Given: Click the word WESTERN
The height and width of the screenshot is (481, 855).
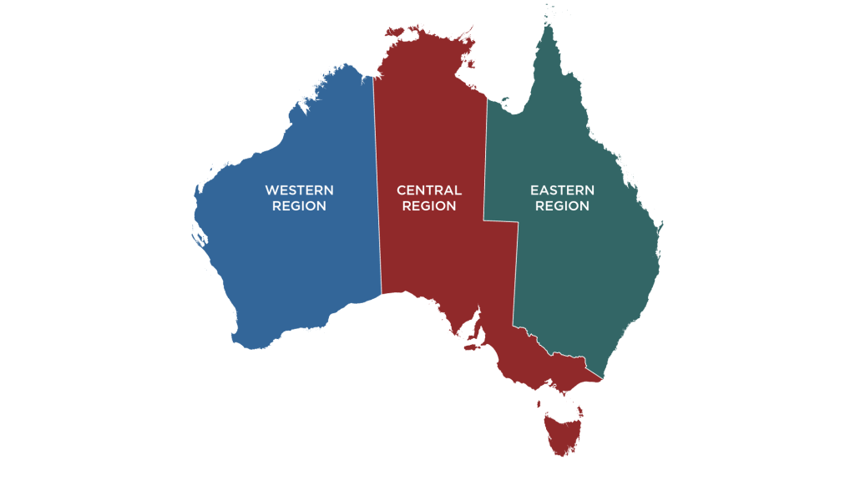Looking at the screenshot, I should pos(299,190).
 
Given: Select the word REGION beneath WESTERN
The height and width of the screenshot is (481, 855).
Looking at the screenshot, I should pos(299,206).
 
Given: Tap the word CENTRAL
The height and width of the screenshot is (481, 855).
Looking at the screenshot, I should pos(429,190).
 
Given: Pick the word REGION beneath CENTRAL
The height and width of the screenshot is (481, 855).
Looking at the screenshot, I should pos(429,206).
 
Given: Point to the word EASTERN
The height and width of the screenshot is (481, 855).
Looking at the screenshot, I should pos(562,190).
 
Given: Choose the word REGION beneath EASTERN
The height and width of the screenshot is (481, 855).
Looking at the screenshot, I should pos(562,206).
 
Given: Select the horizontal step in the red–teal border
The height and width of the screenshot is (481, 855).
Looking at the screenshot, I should pos(500,221).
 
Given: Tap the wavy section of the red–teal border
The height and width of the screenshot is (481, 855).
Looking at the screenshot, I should pos(559,355).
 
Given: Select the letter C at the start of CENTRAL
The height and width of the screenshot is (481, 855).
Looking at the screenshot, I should pos(402,190).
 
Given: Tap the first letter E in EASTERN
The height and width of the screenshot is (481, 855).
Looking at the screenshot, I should pos(534,190).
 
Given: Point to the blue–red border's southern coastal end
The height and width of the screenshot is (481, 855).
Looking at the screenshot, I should pos(382,294).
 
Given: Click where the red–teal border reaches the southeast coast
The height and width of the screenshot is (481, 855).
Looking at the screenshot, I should pos(602,380).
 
